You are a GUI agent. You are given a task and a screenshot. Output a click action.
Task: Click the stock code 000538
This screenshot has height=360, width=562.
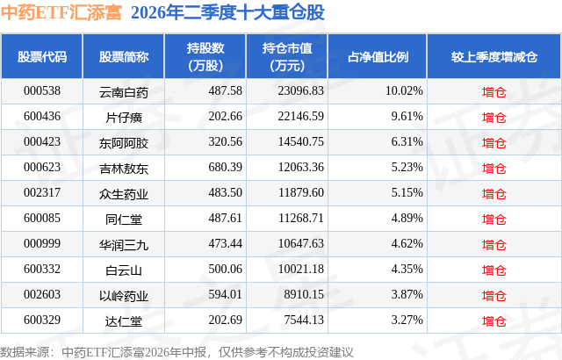[42, 91]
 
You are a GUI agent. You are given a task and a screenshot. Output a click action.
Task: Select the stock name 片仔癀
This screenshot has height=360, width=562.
[124, 117]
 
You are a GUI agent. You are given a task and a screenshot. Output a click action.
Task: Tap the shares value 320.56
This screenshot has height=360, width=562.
[225, 142]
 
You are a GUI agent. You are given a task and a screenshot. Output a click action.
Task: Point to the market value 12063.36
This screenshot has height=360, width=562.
[300, 168]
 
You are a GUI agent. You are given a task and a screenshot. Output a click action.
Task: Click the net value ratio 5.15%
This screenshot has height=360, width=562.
[407, 192]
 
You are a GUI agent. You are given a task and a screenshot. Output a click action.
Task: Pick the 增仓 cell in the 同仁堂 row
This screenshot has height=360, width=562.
[494, 219]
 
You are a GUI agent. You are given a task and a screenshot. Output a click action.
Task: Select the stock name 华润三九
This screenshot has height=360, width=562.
[124, 245]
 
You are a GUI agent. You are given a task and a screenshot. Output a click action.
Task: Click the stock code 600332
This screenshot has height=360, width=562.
[42, 269]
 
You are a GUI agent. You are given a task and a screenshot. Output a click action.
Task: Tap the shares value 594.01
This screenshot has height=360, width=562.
[225, 294]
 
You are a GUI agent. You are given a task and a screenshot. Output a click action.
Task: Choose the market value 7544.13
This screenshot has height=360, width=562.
[304, 320]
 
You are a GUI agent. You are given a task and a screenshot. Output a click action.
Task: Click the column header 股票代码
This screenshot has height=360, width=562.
[42, 56]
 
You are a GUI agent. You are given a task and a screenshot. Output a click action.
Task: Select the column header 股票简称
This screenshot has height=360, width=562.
[124, 56]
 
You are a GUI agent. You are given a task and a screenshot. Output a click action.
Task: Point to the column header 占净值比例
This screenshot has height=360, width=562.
[378, 56]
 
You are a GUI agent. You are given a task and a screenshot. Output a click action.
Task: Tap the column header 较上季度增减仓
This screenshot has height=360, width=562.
[494, 56]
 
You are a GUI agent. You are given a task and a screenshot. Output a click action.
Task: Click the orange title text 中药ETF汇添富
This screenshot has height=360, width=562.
[61, 12]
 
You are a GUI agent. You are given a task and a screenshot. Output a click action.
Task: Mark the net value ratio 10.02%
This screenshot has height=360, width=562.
[404, 91]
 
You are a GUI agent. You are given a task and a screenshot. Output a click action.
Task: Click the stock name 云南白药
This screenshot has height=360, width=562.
[124, 92]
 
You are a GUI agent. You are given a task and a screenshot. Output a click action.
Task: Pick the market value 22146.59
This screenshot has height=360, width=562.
[300, 117]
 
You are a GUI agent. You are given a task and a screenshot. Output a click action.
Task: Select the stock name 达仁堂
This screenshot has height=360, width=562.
[124, 321]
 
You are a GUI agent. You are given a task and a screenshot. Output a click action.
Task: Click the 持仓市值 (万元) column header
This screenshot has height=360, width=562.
[287, 56]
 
